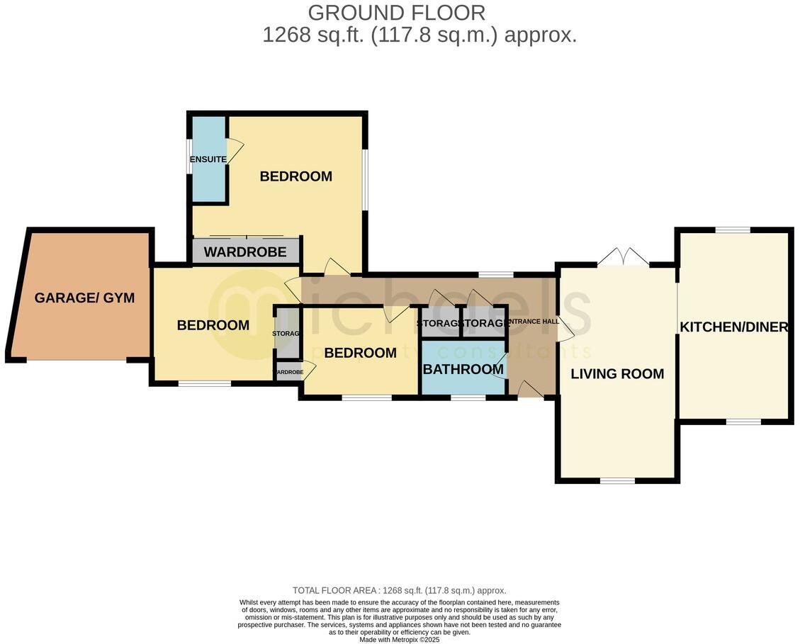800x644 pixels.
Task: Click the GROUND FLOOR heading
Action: [397, 13]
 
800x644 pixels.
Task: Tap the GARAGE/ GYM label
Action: [84, 298]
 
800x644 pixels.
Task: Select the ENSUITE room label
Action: [208, 159]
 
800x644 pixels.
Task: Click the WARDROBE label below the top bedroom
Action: [245, 252]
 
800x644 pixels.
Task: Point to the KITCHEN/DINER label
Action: [733, 327]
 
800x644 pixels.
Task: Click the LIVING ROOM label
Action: [617, 373]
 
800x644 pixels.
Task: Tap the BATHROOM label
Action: [463, 369]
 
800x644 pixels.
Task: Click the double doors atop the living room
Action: [622, 257]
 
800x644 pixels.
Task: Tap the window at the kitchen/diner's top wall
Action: [732, 230]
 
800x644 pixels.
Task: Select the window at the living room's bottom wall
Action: [617, 481]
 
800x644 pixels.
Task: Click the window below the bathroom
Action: [468, 397]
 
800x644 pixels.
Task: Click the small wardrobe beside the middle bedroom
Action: [288, 372]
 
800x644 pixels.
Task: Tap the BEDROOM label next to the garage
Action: [213, 325]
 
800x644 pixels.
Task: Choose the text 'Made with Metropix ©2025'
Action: [399, 639]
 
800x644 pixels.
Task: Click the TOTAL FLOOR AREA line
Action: [399, 590]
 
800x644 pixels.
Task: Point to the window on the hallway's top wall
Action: [496, 274]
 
